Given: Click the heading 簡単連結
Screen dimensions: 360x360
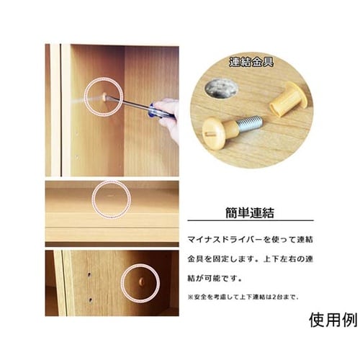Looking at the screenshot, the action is coord(250,212).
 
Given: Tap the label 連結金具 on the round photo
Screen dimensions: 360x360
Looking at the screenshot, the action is coord(251,62).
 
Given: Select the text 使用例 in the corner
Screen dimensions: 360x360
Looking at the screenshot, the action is coord(333,320).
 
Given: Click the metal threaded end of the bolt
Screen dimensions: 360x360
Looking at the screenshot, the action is coord(250,121).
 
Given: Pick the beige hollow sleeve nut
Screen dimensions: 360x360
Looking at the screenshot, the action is coord(287,99).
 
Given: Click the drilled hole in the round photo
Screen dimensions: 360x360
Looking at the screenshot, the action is coord(221,89).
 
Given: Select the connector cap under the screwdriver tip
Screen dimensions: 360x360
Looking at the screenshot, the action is coord(105,96).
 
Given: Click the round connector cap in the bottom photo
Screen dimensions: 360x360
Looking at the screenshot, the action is coord(142,282).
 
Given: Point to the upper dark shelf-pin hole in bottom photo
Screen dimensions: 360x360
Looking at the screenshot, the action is coord(89,274).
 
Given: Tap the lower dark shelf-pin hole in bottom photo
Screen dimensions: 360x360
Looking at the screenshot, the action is coord(91,300).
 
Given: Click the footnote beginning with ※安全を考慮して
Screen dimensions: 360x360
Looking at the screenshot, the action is coord(243,297).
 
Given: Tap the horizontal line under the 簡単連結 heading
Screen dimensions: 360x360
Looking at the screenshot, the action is coord(251,220).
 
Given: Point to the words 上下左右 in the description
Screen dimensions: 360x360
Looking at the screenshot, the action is coord(279,259).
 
